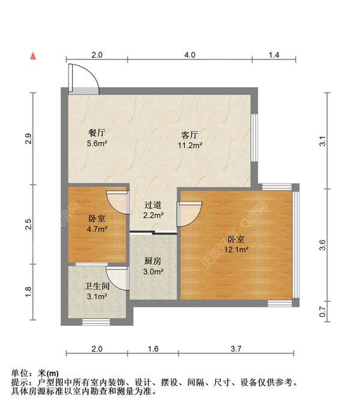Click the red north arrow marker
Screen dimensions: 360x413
[33, 56]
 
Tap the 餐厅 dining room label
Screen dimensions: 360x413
[97, 133]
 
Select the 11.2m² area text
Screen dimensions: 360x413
[190, 145]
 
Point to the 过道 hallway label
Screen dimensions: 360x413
[153, 205]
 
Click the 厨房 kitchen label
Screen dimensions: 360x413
[153, 261]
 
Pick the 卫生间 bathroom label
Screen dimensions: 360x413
[97, 286]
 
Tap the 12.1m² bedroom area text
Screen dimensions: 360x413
[236, 249]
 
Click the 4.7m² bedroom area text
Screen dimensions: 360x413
[97, 229]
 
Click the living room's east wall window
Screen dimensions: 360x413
[254, 137]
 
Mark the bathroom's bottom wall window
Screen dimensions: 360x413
[96, 322]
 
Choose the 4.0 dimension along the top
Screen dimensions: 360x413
[190, 55]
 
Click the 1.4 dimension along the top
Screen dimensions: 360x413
[274, 55]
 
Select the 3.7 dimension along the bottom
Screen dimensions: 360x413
[236, 349]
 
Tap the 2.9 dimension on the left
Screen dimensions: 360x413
[28, 139]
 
